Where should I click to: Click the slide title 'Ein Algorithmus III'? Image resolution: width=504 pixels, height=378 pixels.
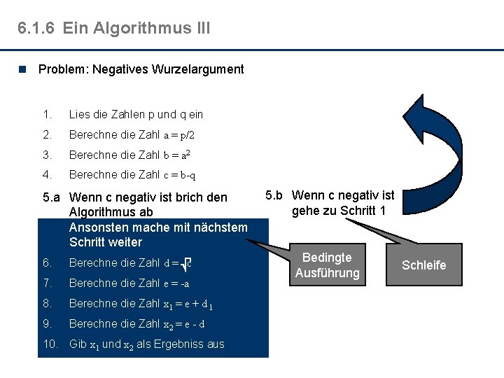pos(136,28)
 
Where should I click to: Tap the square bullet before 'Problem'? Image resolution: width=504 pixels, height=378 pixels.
pos(24,69)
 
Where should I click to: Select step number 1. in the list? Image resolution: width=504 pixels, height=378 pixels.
pos(47,114)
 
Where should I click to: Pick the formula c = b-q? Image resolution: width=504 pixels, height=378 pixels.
pos(180,175)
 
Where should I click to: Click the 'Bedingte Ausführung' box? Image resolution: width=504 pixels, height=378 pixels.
pos(327,265)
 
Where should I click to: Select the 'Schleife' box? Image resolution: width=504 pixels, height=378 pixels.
pos(423,265)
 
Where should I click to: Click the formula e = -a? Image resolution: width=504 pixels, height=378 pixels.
pos(176,283)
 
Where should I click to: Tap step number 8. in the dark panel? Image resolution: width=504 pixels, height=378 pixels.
pos(47,304)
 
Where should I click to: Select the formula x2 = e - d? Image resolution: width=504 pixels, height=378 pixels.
pos(183,324)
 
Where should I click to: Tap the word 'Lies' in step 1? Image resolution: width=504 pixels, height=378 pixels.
pos(79,114)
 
